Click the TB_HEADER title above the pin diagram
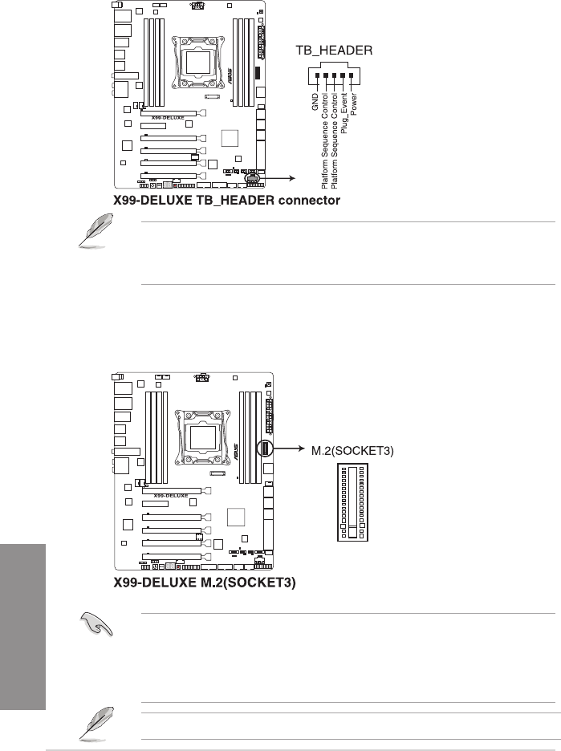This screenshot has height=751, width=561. [x=335, y=51]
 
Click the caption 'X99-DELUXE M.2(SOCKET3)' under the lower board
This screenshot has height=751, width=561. [x=205, y=583]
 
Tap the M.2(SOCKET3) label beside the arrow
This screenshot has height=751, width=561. [x=352, y=450]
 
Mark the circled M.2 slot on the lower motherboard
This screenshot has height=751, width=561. [x=264, y=449]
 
